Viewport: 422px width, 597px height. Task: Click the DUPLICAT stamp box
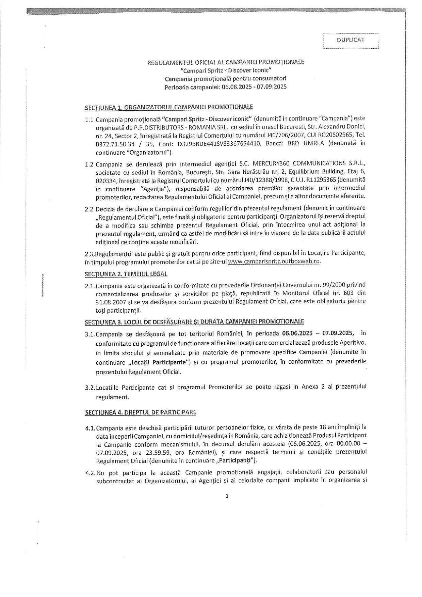[351, 40]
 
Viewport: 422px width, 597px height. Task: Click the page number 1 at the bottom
[227, 496]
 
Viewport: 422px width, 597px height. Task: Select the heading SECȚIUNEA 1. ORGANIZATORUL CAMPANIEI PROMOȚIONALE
[169, 107]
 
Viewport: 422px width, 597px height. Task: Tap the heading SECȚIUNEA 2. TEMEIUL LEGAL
[126, 274]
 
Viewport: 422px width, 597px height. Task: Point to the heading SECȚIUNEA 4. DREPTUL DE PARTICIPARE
[141, 412]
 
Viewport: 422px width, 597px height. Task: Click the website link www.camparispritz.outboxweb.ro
[274, 262]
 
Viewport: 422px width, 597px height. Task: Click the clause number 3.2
[90, 388]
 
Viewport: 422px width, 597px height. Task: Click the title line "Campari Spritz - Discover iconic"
[226, 70]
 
